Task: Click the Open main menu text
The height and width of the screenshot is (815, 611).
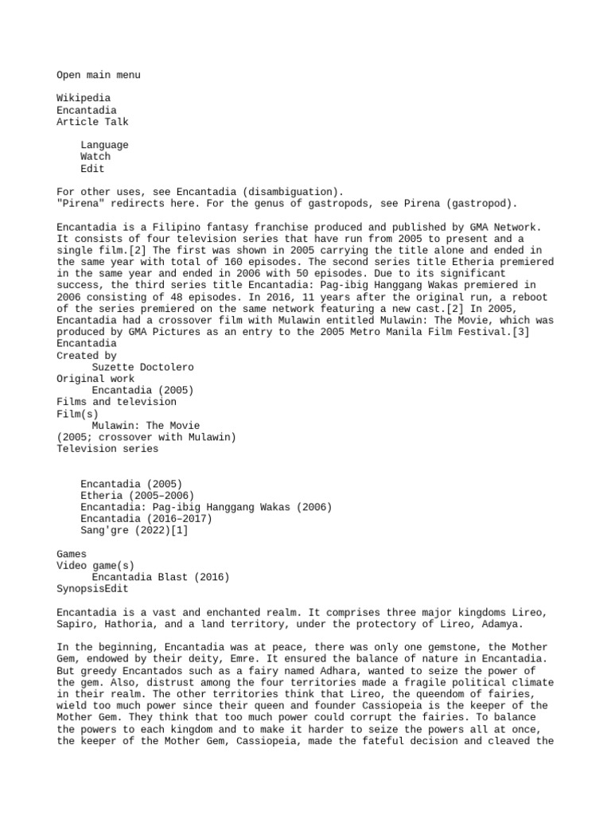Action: [x=98, y=75]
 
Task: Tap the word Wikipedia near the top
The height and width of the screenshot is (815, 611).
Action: [x=83, y=98]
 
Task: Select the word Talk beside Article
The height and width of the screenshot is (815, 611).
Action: [x=116, y=122]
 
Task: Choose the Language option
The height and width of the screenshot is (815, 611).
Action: [x=104, y=145]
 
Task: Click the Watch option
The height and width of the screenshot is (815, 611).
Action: [x=95, y=157]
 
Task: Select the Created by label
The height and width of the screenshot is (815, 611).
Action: [x=86, y=355]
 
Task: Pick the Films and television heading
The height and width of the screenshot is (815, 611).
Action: [x=116, y=402]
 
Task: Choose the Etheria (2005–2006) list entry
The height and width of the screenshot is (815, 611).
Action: [x=137, y=495]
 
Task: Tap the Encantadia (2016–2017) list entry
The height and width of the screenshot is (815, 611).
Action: [x=146, y=518]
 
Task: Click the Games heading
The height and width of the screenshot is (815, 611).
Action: [x=72, y=553]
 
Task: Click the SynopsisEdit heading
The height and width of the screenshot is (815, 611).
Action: [x=91, y=589]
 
